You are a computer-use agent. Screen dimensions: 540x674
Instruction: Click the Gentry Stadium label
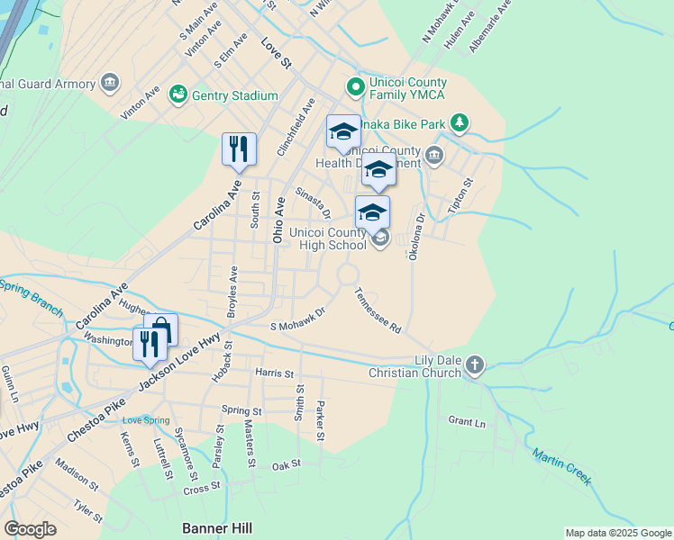235,95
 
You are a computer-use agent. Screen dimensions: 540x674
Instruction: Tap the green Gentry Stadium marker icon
178,94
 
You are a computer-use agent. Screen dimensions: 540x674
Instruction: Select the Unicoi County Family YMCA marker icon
355,88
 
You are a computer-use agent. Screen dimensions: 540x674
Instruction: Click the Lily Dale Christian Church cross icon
475,365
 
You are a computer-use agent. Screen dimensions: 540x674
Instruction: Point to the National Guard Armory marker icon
110,84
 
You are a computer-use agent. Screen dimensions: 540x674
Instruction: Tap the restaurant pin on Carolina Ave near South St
239,149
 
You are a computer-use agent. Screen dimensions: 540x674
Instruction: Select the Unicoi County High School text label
328,238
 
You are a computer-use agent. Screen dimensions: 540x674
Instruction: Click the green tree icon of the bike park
460,121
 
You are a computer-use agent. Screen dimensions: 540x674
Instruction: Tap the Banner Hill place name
217,528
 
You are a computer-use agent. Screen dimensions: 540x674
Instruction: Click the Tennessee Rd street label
378,311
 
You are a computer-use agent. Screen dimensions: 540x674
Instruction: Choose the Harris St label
274,373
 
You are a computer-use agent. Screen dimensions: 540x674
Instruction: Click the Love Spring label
146,420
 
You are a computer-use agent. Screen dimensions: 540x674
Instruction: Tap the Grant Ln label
467,421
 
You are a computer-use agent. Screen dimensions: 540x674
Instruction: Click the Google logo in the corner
31,529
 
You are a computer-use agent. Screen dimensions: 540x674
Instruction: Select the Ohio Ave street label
278,215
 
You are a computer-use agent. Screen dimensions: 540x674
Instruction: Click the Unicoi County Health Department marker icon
435,156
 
